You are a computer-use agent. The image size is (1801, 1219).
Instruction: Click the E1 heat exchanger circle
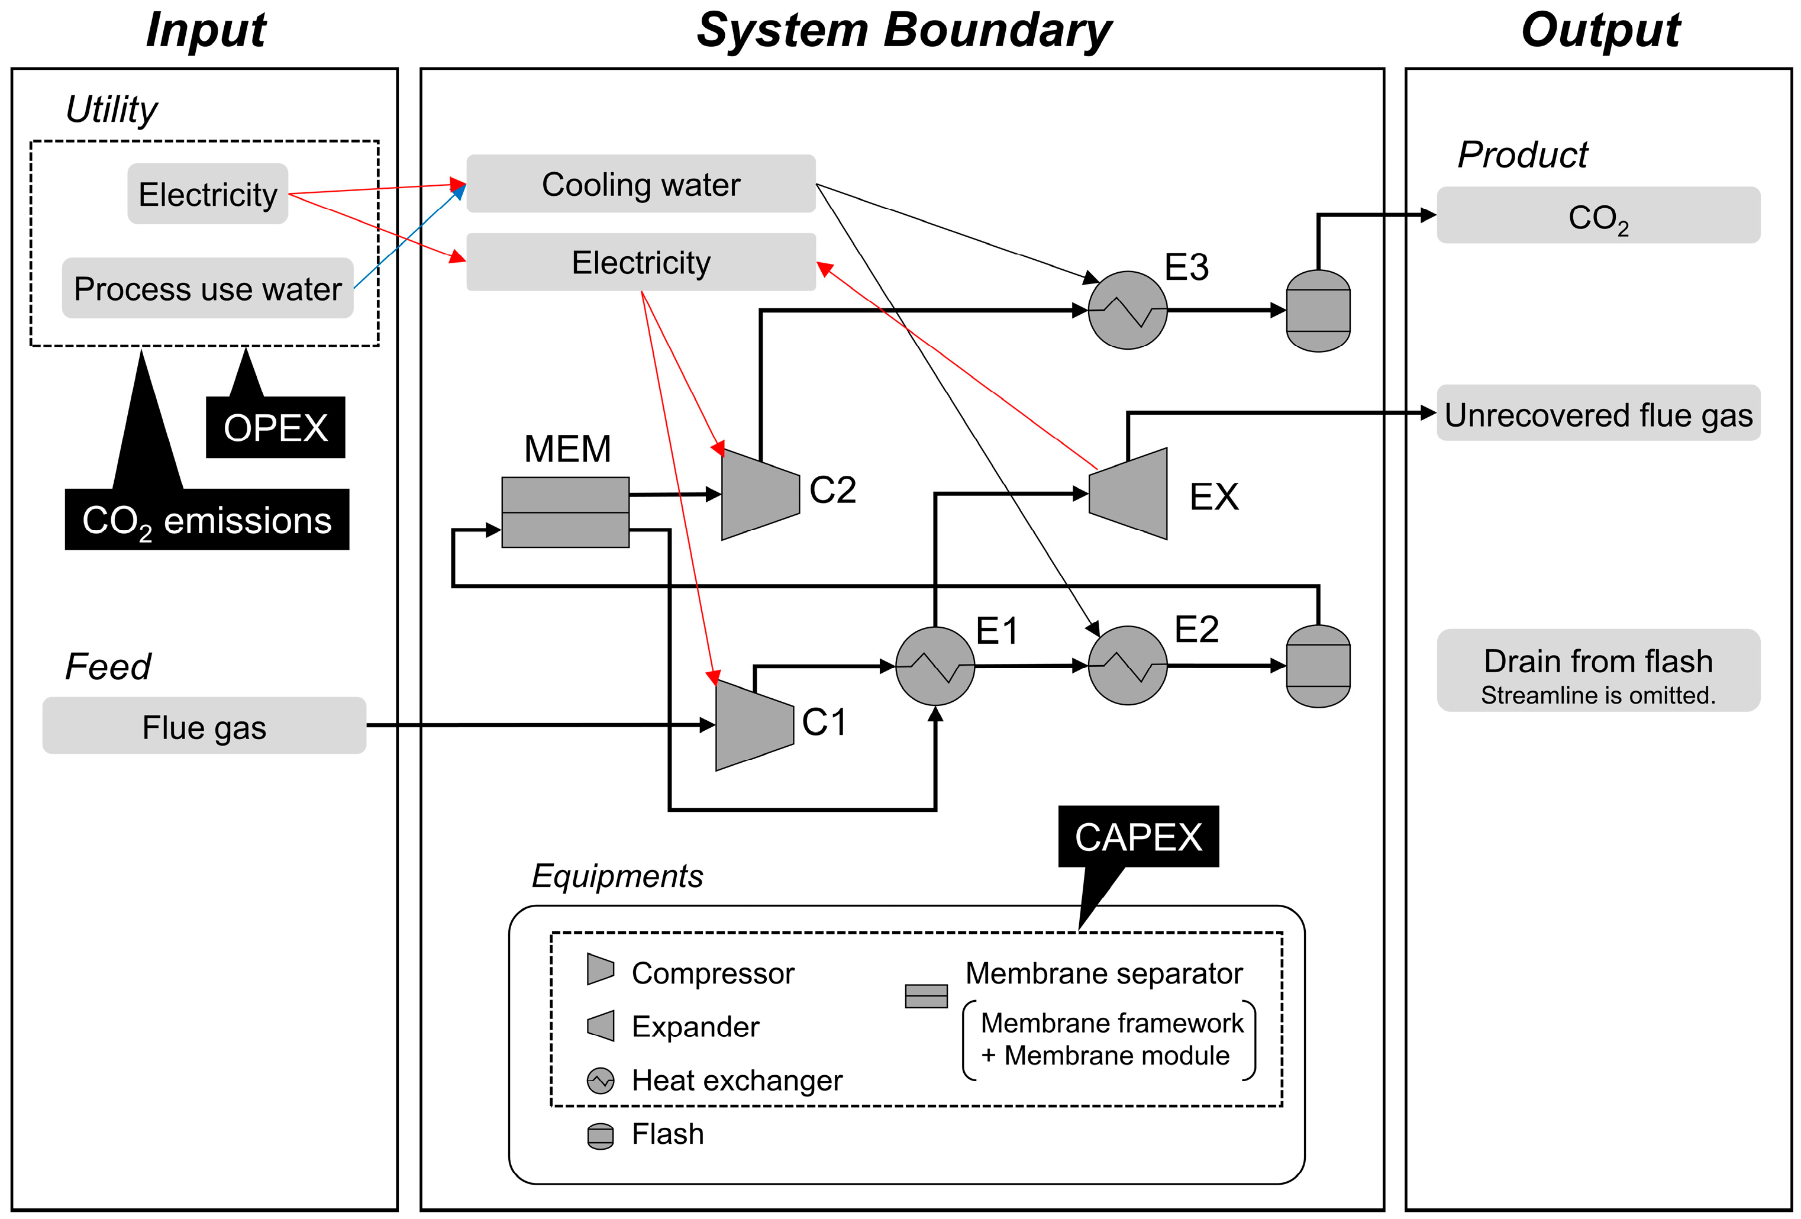tap(935, 666)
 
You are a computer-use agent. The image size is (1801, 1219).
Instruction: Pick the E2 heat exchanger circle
tap(1128, 666)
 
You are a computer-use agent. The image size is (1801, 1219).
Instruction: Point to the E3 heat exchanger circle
tap(1128, 310)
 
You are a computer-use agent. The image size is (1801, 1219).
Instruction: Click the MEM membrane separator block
tap(565, 512)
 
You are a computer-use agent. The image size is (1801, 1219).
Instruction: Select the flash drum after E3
tap(1318, 311)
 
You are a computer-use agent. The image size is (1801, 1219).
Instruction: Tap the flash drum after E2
tap(1318, 666)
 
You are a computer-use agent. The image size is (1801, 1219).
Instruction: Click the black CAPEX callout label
tap(1138, 837)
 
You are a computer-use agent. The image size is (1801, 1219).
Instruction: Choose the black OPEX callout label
tap(275, 428)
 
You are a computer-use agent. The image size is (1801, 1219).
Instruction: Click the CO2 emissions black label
tap(207, 519)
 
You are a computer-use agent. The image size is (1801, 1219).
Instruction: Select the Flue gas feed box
tap(204, 726)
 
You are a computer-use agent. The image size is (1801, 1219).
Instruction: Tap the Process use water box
tap(207, 288)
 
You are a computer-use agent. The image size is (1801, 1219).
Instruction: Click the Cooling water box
tap(640, 183)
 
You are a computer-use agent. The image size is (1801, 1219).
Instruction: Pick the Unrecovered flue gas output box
tap(1598, 414)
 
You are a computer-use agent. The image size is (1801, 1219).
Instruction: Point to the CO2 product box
tap(1598, 215)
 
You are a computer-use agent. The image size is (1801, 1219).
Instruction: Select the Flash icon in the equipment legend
tap(600, 1136)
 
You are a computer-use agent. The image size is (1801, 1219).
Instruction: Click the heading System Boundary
tap(903, 31)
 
